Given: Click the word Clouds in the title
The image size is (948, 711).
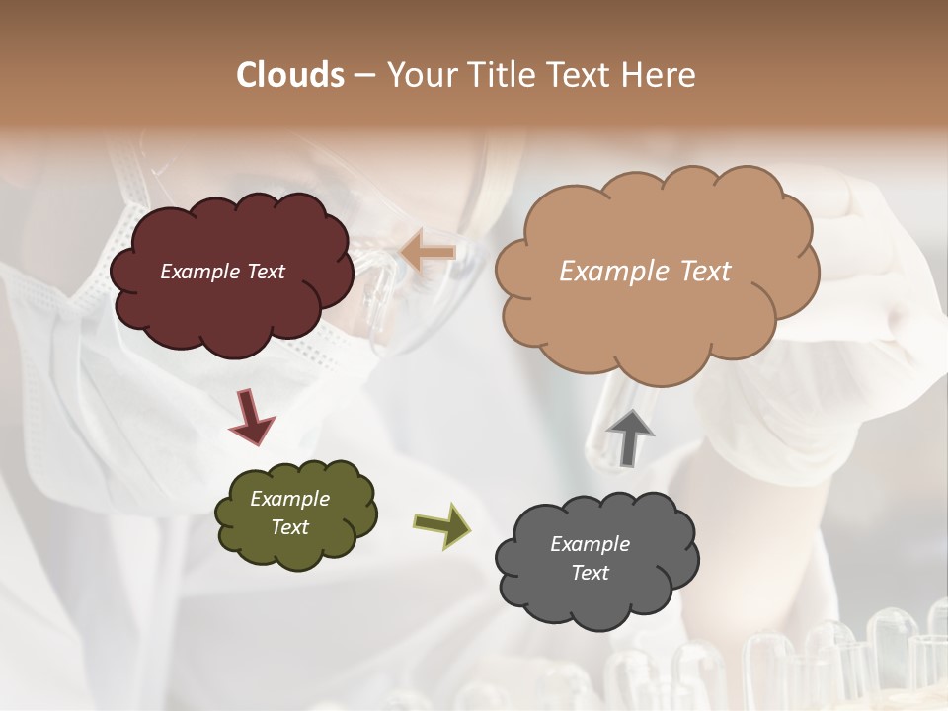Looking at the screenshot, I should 290,75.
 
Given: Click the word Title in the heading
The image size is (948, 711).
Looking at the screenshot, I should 504,75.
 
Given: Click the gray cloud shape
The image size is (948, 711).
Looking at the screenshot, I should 597,592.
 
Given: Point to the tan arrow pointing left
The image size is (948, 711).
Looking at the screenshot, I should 429,252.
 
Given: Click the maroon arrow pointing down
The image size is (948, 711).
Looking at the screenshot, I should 252,416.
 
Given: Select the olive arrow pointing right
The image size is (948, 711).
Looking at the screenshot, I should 441,524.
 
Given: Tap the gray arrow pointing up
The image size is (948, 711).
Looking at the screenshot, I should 630,437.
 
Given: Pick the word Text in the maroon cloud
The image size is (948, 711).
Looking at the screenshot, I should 265,272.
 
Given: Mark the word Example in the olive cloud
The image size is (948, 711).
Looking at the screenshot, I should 290,499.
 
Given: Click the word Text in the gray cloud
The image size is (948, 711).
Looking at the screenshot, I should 591,573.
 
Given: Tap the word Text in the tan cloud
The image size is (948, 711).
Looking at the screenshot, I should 706,272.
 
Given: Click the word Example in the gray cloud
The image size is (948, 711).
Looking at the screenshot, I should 591,544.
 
